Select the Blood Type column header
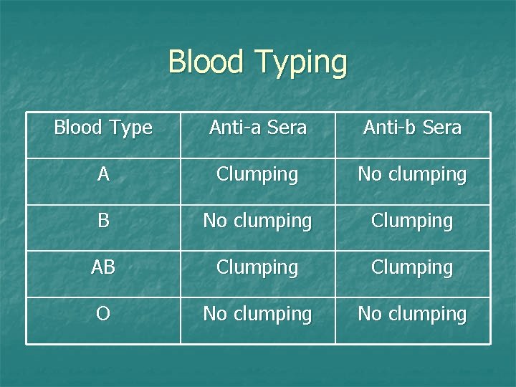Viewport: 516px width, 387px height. (x=103, y=128)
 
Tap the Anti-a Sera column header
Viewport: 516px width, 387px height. (x=258, y=128)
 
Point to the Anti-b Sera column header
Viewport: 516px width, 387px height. (x=412, y=128)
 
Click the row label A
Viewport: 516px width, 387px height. (x=103, y=175)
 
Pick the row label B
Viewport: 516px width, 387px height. (x=103, y=221)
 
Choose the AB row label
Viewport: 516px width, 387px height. (x=103, y=267)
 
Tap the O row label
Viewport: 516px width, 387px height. (x=103, y=314)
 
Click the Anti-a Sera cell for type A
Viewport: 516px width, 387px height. (x=258, y=175)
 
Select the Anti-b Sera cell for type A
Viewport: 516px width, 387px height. (x=412, y=175)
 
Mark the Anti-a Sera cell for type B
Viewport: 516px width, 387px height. (x=258, y=221)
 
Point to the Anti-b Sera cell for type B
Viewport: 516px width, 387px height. (x=412, y=221)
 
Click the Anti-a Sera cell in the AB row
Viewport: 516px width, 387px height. (x=258, y=267)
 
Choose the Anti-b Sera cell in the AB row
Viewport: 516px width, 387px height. (x=412, y=267)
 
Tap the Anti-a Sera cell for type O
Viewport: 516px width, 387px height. (x=258, y=314)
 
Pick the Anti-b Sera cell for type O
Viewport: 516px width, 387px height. (x=412, y=314)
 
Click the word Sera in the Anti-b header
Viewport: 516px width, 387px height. (x=442, y=128)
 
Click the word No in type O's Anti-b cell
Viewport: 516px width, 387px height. (x=370, y=314)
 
